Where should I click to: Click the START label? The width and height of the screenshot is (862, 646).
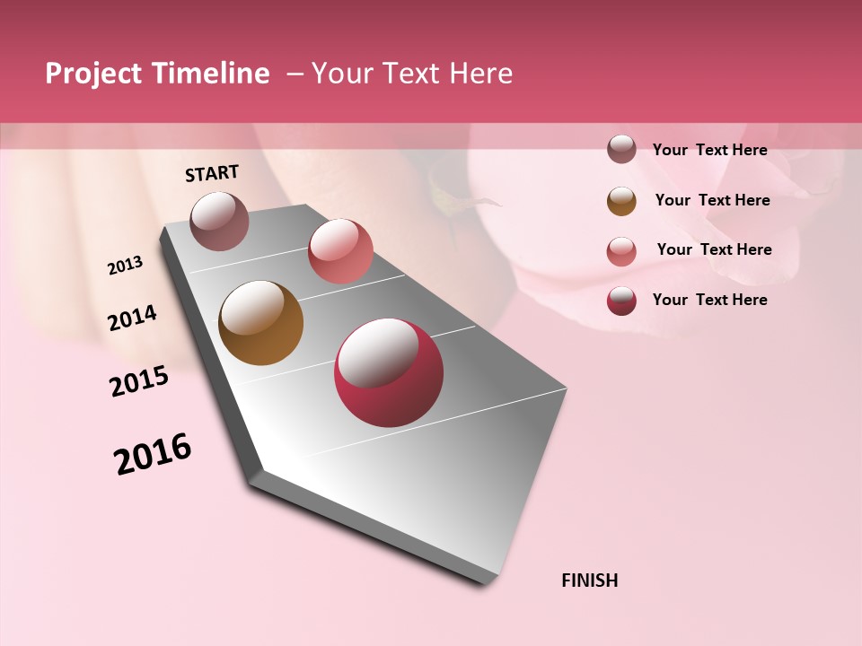[x=212, y=173]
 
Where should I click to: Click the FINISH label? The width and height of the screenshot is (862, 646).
[x=589, y=581]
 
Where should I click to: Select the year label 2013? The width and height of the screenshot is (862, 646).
[x=125, y=266]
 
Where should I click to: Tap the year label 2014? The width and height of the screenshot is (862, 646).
[x=132, y=319]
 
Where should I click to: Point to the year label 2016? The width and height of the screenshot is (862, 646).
[x=153, y=454]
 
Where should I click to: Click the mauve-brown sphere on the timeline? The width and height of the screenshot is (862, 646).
[x=219, y=221]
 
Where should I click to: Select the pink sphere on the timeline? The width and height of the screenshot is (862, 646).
[x=340, y=251]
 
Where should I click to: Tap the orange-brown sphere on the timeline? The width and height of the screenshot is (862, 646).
[x=260, y=323]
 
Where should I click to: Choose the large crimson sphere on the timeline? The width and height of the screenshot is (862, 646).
[x=389, y=372]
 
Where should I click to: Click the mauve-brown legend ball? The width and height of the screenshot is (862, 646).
[x=621, y=150]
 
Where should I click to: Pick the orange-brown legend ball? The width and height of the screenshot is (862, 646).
[x=621, y=201]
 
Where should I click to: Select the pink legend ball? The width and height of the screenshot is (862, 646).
[x=621, y=251]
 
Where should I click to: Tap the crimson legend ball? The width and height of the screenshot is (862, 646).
[x=621, y=301]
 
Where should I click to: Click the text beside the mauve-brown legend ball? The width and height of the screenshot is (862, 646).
[x=709, y=151]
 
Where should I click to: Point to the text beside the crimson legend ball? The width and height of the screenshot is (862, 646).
[x=709, y=300]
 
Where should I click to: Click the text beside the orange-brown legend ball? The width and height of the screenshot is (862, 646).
[x=712, y=200]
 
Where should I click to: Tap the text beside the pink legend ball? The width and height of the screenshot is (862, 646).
[x=714, y=249]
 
